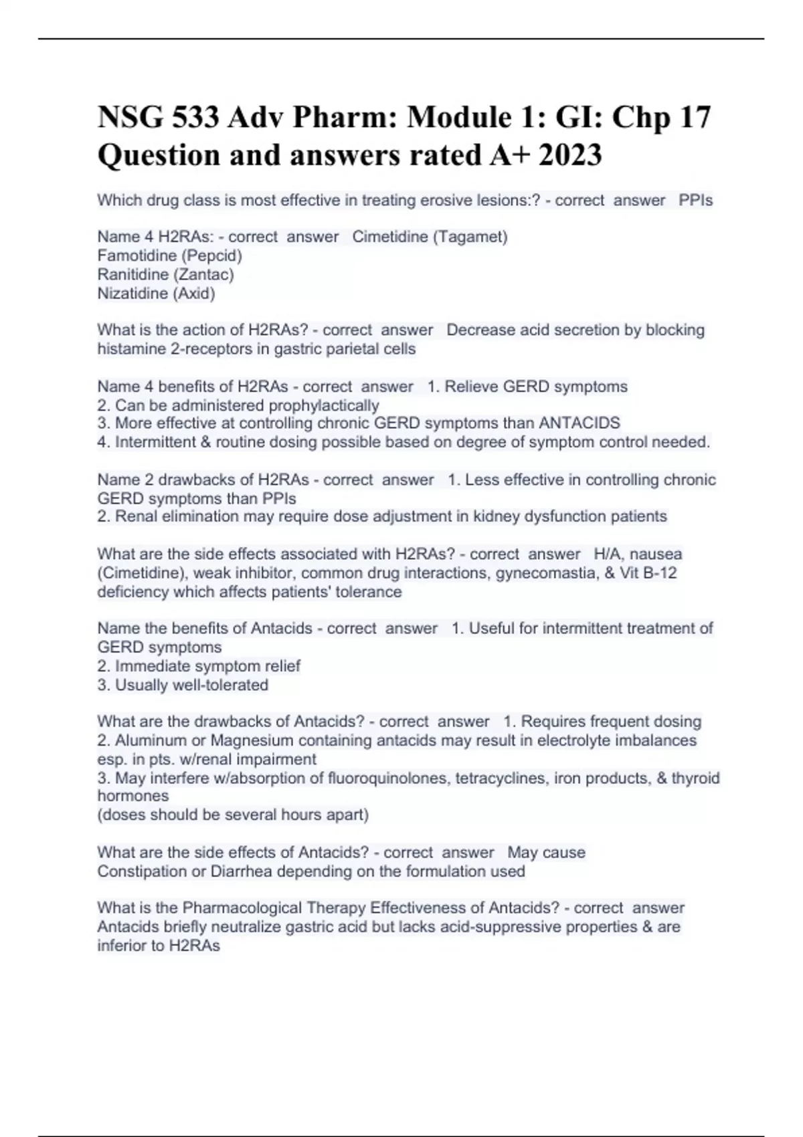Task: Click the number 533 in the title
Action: click(195, 118)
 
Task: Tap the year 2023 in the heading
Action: click(570, 155)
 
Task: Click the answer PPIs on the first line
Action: click(695, 200)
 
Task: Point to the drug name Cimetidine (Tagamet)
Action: click(430, 237)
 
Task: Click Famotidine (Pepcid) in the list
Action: click(170, 255)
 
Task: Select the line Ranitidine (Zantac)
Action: click(166, 274)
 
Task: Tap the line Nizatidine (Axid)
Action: click(157, 293)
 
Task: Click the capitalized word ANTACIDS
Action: click(579, 423)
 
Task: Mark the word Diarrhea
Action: click(241, 871)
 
